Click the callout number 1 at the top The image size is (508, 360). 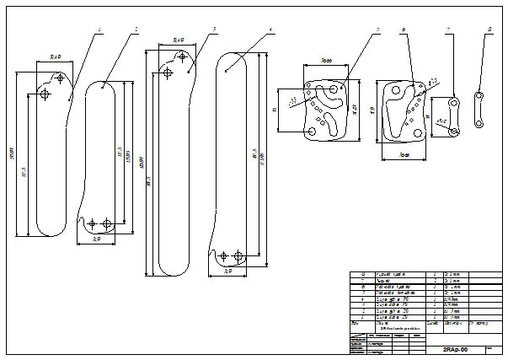click(x=100, y=30)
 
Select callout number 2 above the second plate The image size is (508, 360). click(x=136, y=30)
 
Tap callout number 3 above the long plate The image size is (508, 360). click(x=215, y=30)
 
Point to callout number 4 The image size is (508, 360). click(x=270, y=30)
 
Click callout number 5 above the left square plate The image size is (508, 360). click(x=378, y=30)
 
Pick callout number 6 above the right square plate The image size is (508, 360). click(x=404, y=30)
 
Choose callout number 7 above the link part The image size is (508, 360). click(x=449, y=30)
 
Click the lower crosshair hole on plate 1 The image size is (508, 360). click(x=45, y=97)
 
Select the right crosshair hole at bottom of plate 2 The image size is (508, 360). click(x=106, y=223)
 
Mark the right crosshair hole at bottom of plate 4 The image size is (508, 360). click(x=238, y=255)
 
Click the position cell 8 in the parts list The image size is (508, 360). click(x=363, y=275)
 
